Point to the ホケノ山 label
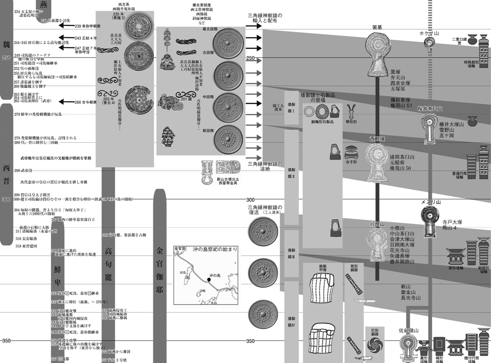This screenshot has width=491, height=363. click(429, 34)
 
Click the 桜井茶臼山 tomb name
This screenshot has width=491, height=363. click(431, 109)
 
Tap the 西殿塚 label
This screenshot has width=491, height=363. click(377, 138)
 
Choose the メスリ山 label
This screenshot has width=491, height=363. click(430, 203)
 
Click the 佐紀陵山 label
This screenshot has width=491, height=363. click(409, 330)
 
